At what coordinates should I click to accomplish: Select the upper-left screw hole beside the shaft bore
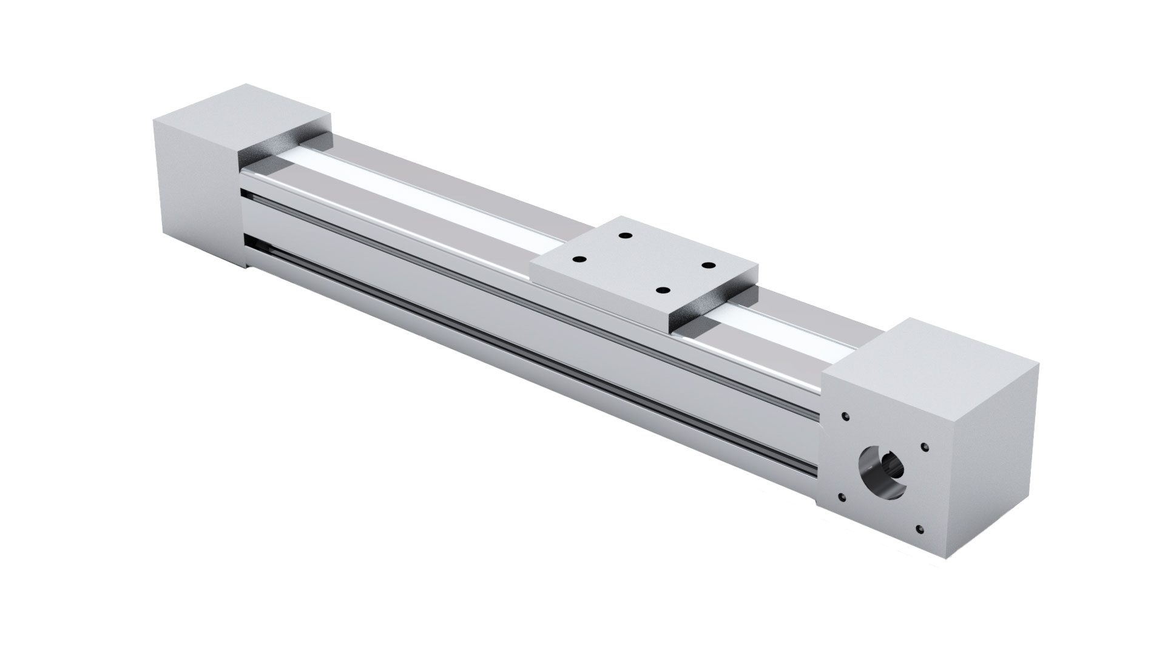coord(845,417)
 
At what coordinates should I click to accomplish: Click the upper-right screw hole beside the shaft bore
coord(924,448)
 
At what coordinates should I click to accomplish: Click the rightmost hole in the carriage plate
coord(707,265)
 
